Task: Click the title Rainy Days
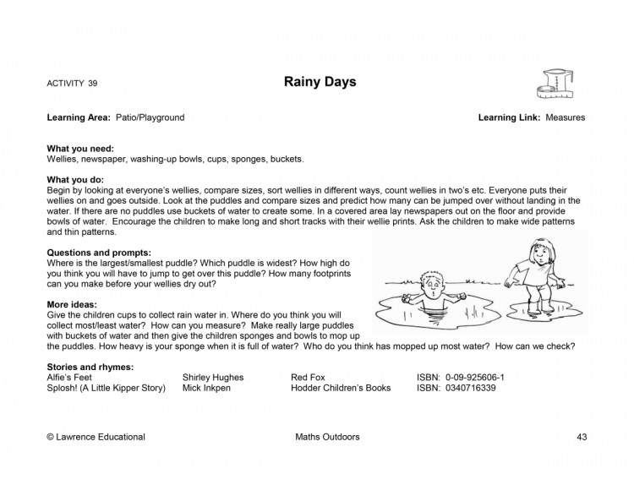pos(320,82)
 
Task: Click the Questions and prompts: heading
pos(99,252)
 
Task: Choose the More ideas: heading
pos(72,304)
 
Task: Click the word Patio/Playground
pos(150,117)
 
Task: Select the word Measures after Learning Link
pos(566,117)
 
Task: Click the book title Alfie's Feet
pos(69,378)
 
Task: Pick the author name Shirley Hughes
pos(212,378)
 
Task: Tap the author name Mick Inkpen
pos(205,388)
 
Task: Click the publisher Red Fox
pos(308,378)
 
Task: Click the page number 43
pos(582,437)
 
